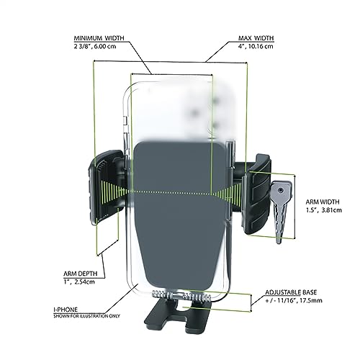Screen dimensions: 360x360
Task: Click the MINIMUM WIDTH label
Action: (x=99, y=38)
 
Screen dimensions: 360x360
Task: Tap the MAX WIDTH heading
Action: (x=256, y=38)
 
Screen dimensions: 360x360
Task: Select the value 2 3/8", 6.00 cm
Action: (x=95, y=46)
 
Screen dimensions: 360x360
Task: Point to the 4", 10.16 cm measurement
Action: (x=254, y=46)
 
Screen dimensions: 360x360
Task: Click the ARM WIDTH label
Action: (x=323, y=202)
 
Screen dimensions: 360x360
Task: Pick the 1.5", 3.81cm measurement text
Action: (x=324, y=210)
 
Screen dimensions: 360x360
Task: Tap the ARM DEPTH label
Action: (x=81, y=274)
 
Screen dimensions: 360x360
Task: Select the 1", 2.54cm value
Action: (x=79, y=282)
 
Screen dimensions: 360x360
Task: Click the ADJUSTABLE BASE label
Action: (x=291, y=292)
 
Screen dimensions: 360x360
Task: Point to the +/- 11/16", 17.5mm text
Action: (x=294, y=300)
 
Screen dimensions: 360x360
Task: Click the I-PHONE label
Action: (x=66, y=310)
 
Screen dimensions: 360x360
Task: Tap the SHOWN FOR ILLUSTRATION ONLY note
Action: (x=86, y=316)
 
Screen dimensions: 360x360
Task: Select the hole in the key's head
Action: (x=281, y=191)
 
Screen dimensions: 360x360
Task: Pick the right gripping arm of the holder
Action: (x=256, y=194)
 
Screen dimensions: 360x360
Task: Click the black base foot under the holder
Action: (x=178, y=315)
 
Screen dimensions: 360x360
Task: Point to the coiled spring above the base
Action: (x=181, y=297)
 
